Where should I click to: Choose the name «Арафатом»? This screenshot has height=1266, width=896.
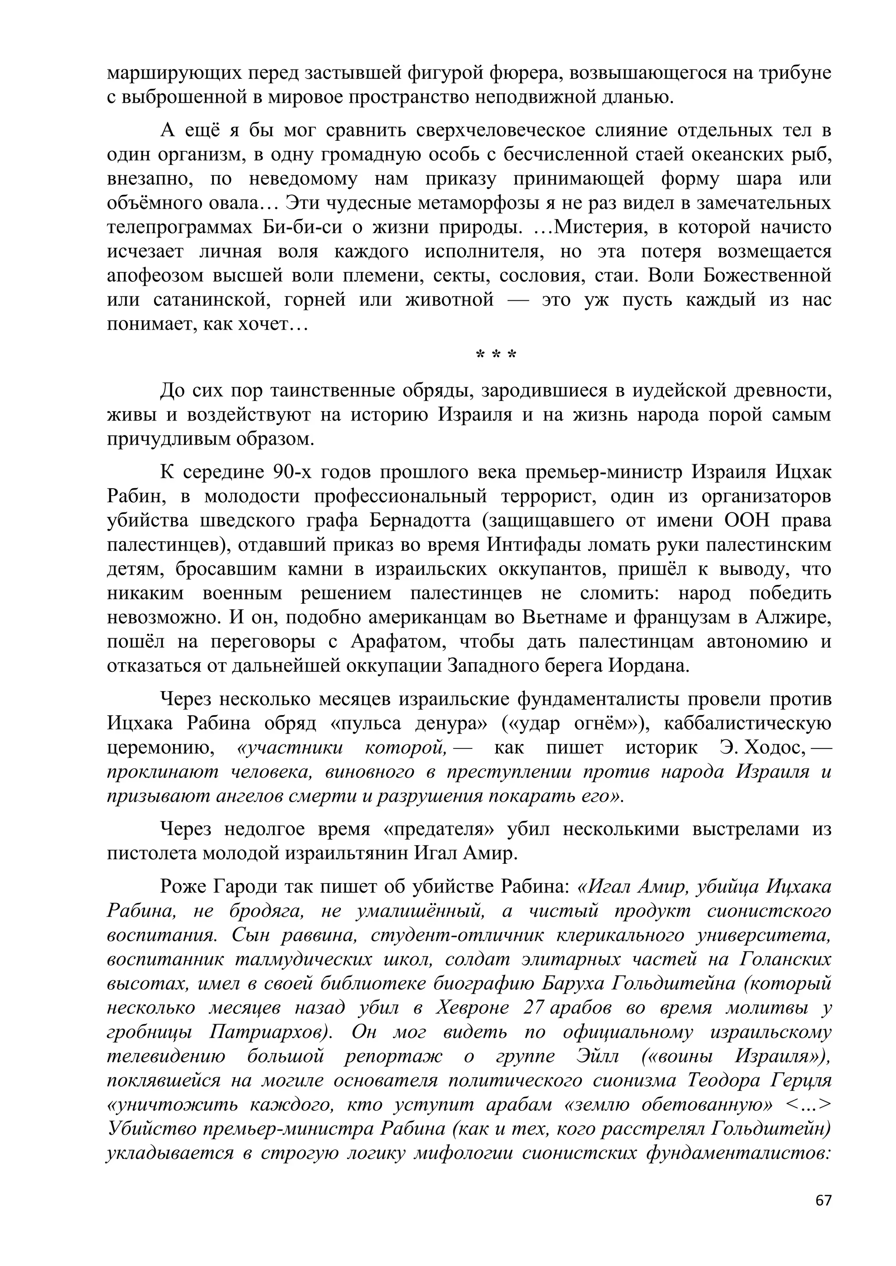point(397,642)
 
